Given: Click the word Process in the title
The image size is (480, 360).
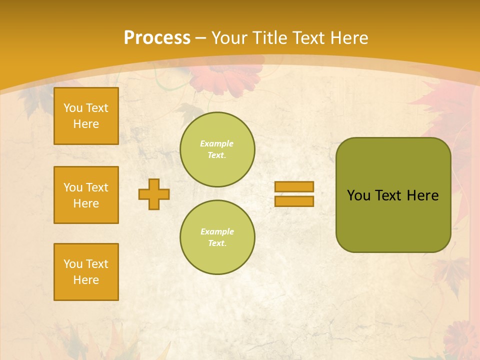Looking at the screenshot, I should point(157,38).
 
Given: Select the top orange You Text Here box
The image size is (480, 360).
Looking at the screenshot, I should point(86,116).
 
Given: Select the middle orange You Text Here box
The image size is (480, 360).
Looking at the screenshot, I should point(86,195).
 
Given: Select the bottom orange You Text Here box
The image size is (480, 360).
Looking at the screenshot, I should point(86,272).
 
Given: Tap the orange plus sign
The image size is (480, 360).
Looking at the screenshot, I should point(154,194).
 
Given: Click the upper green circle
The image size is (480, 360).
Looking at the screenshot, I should point(217,149).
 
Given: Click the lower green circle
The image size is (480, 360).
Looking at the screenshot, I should point(217,237).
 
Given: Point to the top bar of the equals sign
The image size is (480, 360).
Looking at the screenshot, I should point(294,187).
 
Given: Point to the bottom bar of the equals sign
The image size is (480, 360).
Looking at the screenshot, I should point(294,201).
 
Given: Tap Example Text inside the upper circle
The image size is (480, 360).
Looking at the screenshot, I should point(217,149).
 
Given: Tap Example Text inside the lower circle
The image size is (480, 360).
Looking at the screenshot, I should point(217,237).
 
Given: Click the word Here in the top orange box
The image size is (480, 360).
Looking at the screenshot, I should point(86,124).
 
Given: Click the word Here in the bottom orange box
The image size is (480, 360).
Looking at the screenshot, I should point(86,280).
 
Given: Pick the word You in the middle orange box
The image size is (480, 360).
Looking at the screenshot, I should point(72,187).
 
